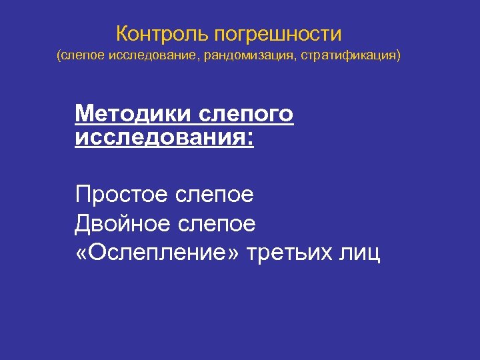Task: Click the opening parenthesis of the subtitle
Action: (x=58, y=56)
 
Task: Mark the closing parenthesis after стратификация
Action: (x=400, y=56)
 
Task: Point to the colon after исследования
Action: (x=251, y=139)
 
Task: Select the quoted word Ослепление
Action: (x=160, y=253)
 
